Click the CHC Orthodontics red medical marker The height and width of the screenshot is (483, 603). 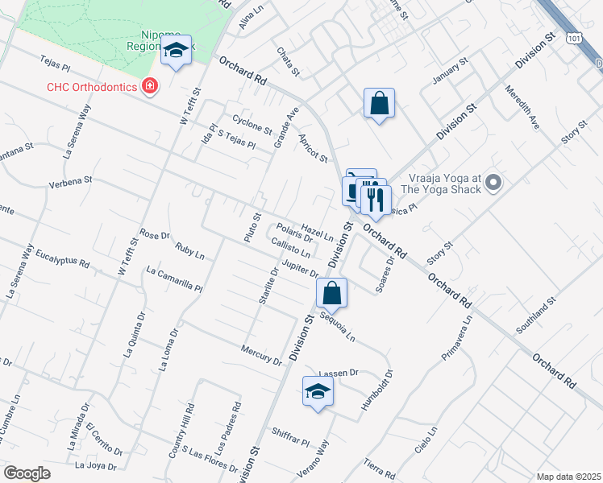coord(149,86)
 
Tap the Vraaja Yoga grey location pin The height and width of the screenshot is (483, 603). coord(495,183)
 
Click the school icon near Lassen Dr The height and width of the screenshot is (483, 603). coord(318,393)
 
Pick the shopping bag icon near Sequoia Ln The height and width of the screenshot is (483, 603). coord(331,295)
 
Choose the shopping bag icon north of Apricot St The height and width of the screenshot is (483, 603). coord(379,105)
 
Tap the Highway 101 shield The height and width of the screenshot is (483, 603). coord(573,38)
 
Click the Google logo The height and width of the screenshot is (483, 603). coord(27,473)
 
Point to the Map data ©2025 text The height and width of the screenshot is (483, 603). coord(568,477)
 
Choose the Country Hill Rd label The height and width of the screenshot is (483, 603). coord(181,431)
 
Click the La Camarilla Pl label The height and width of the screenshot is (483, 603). coord(174,279)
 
